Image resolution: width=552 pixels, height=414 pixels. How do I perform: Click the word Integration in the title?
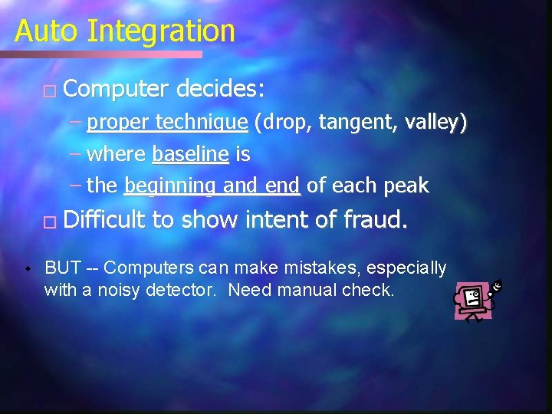click(x=161, y=31)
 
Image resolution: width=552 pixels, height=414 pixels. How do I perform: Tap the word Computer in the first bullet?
click(x=115, y=90)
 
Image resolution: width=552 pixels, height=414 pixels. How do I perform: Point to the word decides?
click(x=220, y=90)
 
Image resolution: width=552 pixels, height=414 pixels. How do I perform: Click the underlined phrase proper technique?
click(x=167, y=123)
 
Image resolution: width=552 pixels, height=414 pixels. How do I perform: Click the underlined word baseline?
click(x=190, y=154)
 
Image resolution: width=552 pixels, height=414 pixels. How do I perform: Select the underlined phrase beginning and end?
click(x=214, y=186)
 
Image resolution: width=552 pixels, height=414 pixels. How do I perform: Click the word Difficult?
click(x=105, y=220)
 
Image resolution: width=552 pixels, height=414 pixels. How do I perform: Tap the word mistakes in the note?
click(x=316, y=268)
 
